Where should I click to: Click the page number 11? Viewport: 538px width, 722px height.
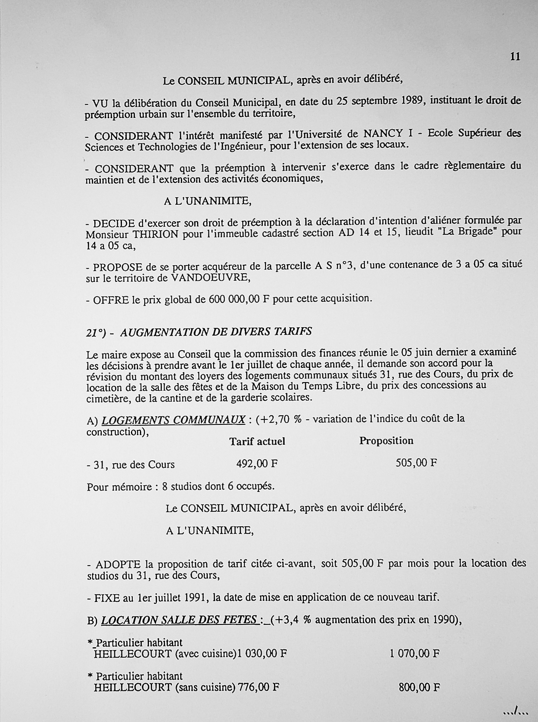(515, 57)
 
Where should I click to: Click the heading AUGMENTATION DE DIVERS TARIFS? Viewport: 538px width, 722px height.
(216, 331)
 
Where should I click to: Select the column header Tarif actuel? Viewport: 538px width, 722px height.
(257, 441)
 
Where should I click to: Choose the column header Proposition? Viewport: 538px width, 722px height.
(386, 441)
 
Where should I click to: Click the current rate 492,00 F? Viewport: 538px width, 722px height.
(257, 464)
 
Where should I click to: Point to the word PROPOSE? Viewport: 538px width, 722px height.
(118, 267)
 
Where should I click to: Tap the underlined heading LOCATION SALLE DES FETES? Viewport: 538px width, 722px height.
(179, 620)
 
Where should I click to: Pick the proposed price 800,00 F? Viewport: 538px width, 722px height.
(419, 687)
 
